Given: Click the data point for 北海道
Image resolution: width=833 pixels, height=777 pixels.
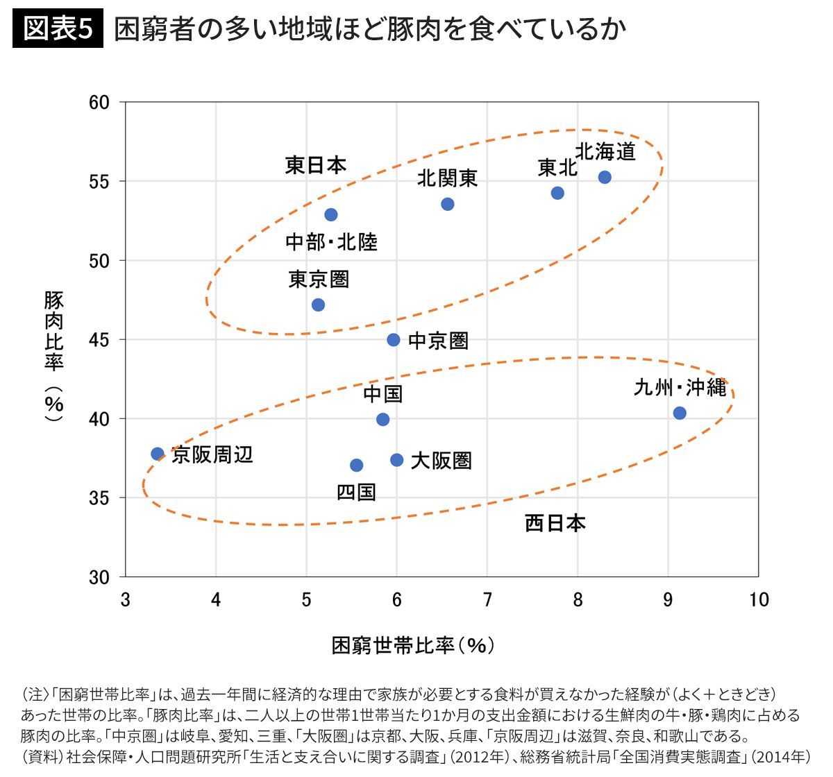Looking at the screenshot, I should pyautogui.click(x=605, y=177).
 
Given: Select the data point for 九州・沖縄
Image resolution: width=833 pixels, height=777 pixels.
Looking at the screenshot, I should pyautogui.click(x=680, y=413).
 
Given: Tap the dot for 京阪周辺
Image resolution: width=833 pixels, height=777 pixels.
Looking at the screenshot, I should pyautogui.click(x=158, y=454).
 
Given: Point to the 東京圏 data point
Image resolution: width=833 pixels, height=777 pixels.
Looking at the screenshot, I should pyautogui.click(x=318, y=305).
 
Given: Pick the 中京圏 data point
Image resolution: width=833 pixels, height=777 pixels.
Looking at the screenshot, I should pyautogui.click(x=394, y=339).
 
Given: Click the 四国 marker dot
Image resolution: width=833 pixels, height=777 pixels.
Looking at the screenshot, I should pyautogui.click(x=356, y=465).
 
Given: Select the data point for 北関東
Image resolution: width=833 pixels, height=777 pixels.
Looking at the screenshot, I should pyautogui.click(x=448, y=204).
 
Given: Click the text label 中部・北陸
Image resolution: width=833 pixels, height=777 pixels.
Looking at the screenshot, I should pyautogui.click(x=331, y=242).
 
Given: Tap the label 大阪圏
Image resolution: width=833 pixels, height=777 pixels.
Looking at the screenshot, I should pyautogui.click(x=441, y=461).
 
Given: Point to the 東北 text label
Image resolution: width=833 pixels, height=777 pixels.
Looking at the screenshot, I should pyautogui.click(x=557, y=168).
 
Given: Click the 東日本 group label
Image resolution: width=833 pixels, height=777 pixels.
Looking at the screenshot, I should pyautogui.click(x=316, y=165).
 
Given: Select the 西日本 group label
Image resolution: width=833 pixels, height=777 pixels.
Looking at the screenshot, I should pyautogui.click(x=555, y=522).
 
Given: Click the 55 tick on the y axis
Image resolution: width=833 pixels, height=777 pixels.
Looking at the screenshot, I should pyautogui.click(x=100, y=182).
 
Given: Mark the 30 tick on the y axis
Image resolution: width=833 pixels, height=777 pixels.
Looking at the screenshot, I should pyautogui.click(x=100, y=577).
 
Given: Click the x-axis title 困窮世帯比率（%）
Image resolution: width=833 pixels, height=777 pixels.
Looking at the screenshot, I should pyautogui.click(x=414, y=645).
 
